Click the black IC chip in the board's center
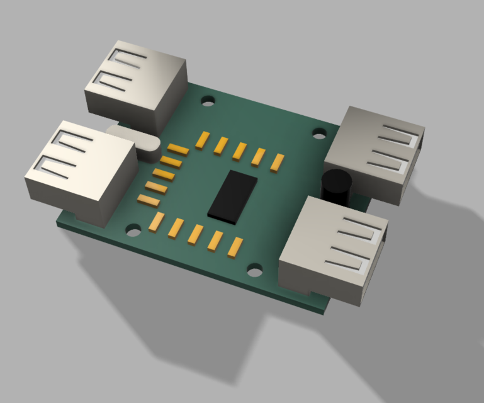233,195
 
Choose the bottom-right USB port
333,249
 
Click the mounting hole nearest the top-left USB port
207,101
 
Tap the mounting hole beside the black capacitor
320,133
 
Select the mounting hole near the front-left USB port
133,230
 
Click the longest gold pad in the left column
178,149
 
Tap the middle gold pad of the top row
239,151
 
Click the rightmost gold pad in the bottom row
235,247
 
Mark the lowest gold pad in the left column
149,201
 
